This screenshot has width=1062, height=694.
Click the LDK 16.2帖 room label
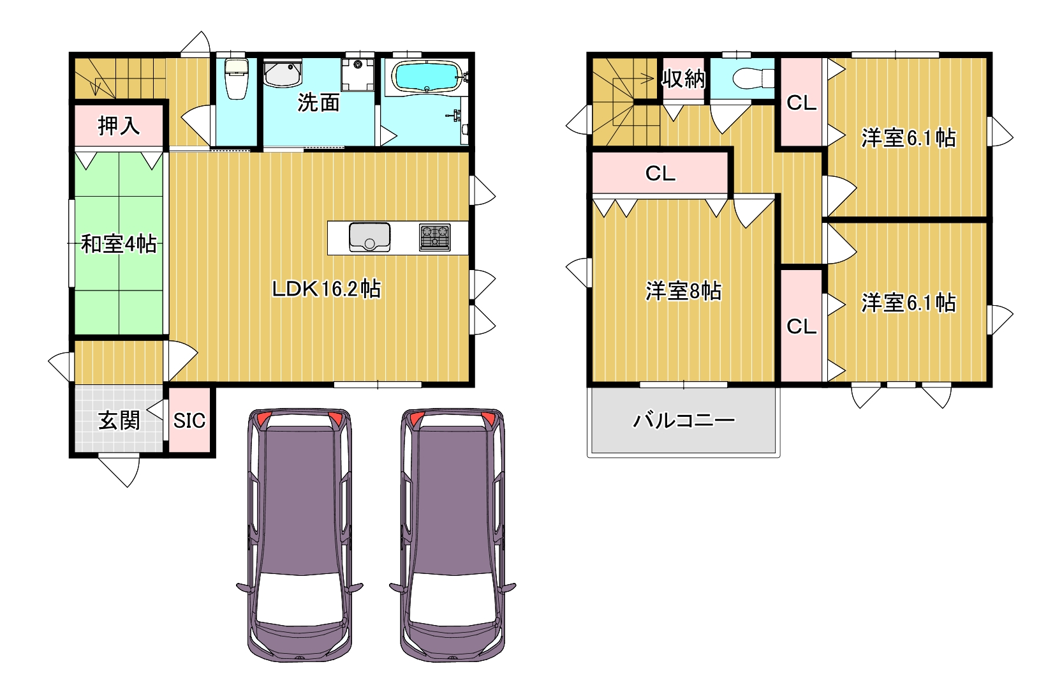click(326, 289)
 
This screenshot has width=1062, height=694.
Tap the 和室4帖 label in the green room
click(119, 243)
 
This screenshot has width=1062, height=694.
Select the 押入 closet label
click(119, 126)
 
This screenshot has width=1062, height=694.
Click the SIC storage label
click(189, 421)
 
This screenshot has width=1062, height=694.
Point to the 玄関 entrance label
click(119, 421)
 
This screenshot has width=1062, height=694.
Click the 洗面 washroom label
click(319, 103)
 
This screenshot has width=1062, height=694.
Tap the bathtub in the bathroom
click(427, 75)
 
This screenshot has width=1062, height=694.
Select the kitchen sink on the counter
click(370, 237)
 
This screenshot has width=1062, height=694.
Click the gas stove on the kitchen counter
click(435, 238)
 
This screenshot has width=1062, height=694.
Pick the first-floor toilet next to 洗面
click(237, 79)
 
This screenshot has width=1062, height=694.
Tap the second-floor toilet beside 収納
click(753, 79)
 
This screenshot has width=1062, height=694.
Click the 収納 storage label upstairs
click(683, 79)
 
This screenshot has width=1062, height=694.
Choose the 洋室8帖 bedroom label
click(683, 290)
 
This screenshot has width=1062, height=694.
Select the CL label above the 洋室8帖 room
click(660, 174)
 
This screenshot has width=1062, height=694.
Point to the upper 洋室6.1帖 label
click(908, 138)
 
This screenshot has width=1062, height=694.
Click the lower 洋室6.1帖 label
click(908, 303)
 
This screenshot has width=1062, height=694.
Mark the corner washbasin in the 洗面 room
click(282, 73)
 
